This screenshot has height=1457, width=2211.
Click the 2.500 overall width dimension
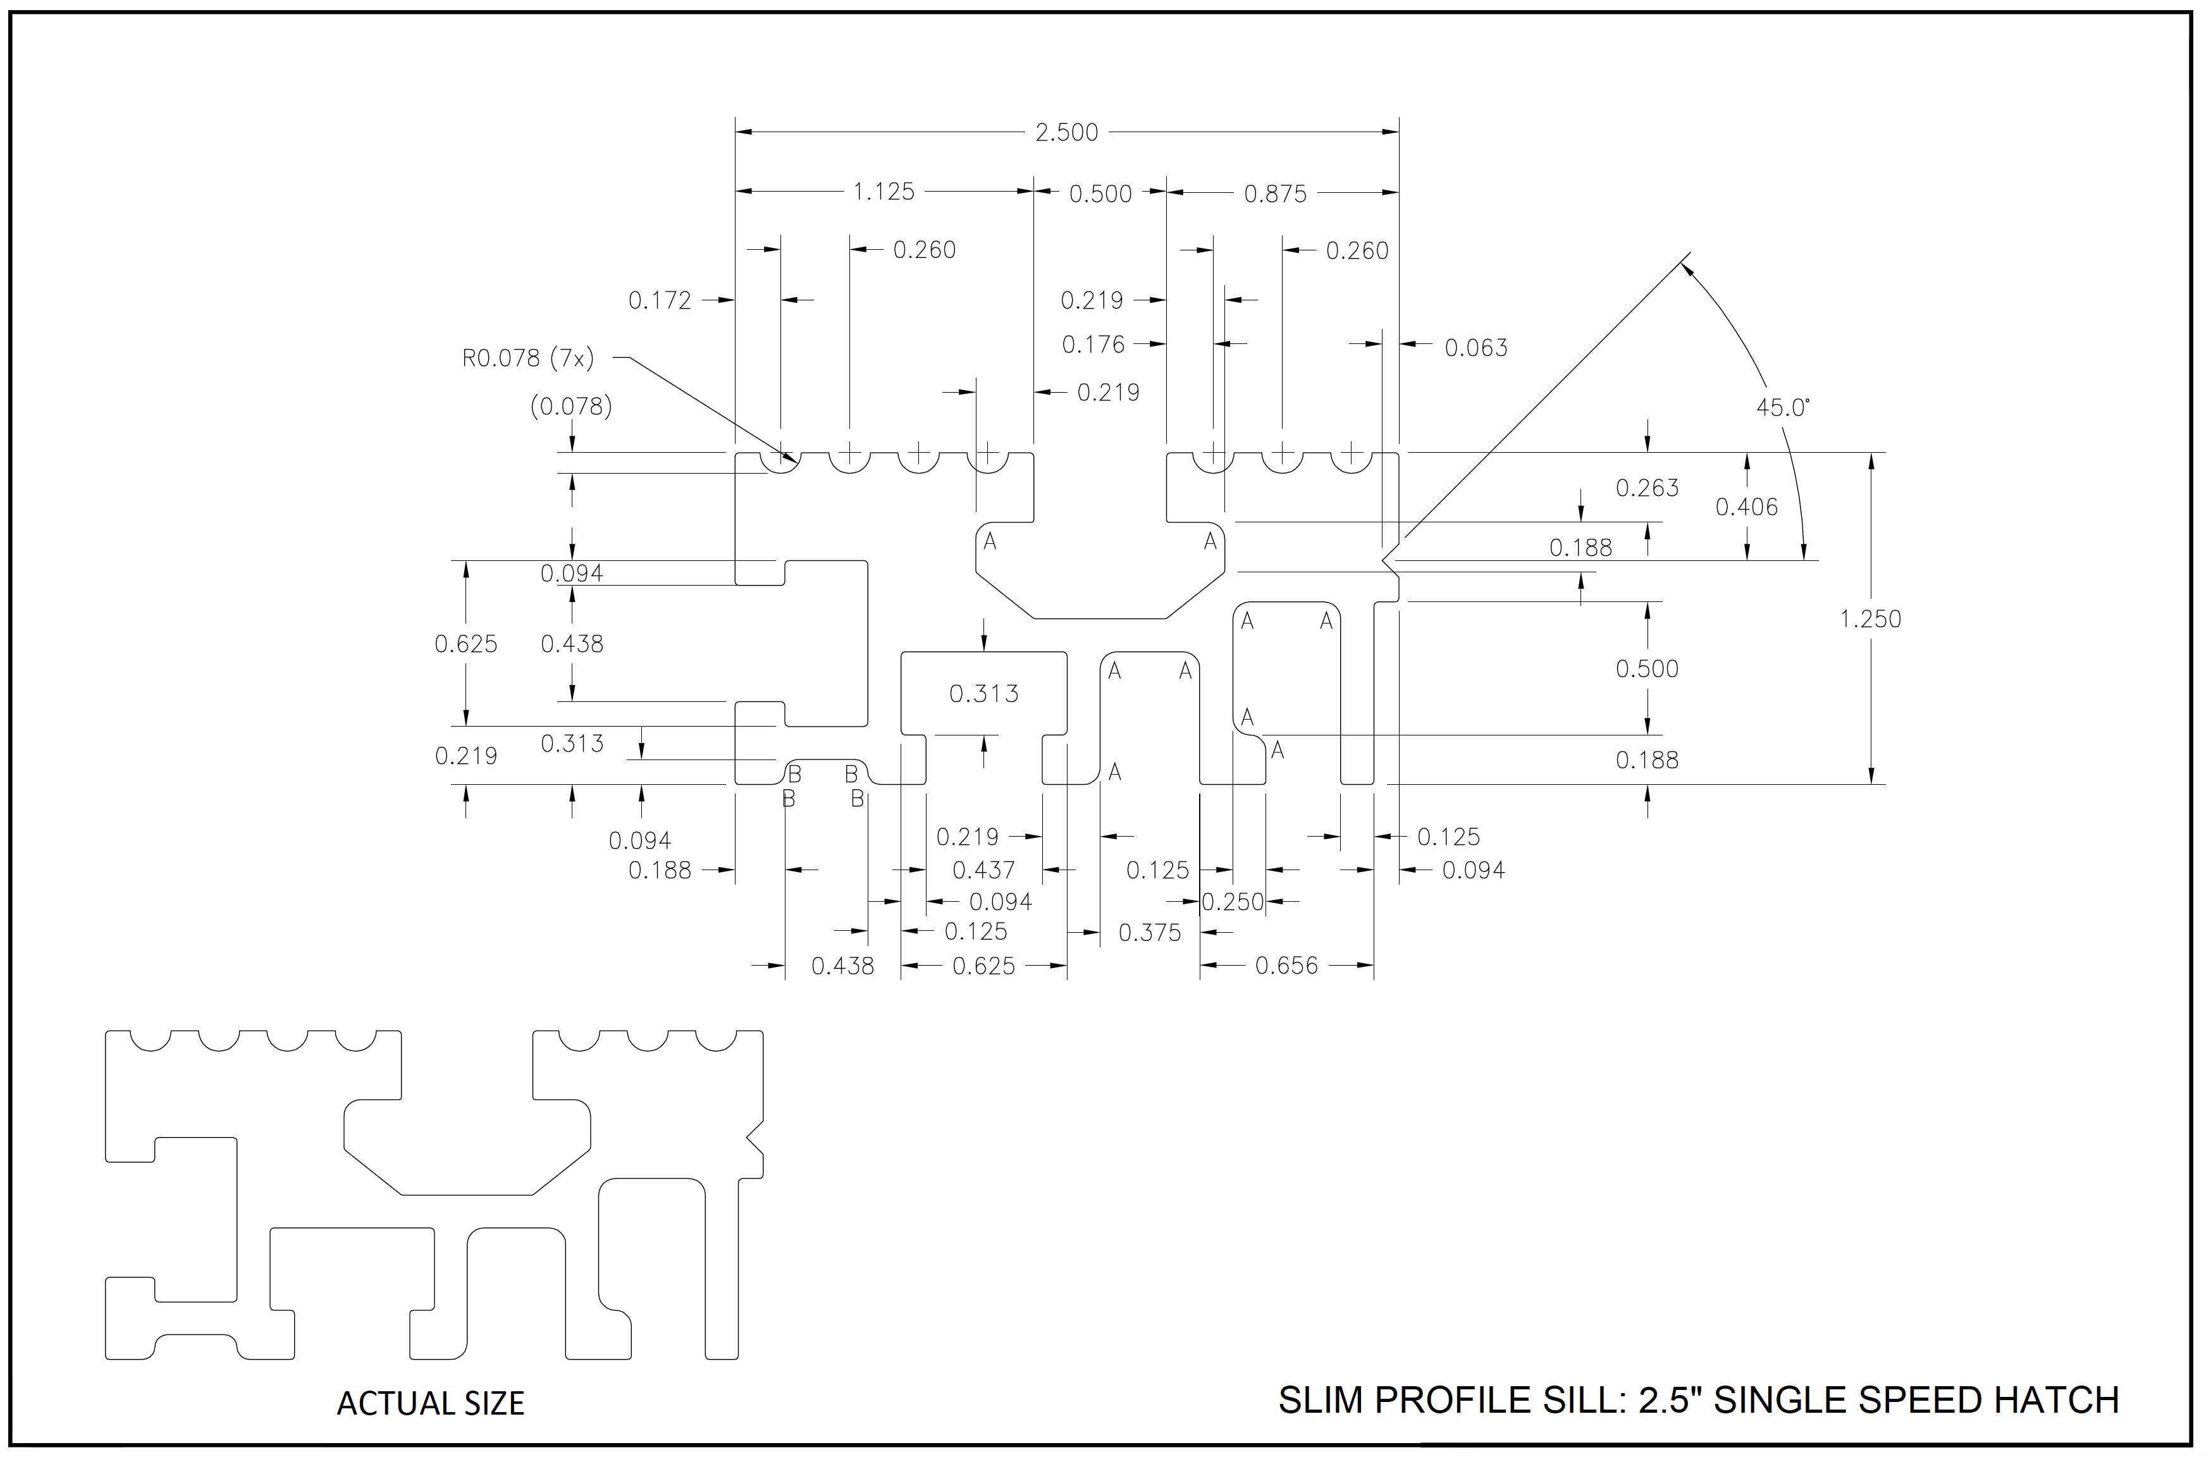1066,133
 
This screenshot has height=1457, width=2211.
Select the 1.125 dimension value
884,192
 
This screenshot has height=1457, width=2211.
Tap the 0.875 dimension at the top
1275,194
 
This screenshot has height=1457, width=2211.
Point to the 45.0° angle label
1783,408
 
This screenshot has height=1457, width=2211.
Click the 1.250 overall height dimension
1870,620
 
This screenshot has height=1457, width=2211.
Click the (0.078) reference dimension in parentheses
570,407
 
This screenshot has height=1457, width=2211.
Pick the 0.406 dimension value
1746,507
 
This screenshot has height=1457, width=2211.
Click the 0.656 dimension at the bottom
1286,966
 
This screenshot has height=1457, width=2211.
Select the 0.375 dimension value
1150,933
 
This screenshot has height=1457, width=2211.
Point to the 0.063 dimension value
1476,348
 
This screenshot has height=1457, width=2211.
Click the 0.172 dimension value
660,301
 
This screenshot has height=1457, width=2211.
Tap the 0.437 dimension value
983,871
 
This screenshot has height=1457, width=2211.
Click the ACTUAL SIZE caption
430,1403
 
